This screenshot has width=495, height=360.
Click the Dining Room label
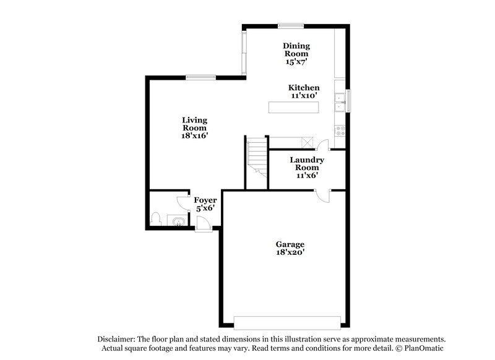pos(296,53)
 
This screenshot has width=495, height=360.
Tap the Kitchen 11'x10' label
pos(304,92)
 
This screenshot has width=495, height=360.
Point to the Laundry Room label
pos(307,167)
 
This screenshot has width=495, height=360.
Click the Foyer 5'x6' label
pos(205,204)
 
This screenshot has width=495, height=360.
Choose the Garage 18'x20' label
pos(290,248)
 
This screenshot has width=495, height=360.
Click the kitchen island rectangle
pos(294,108)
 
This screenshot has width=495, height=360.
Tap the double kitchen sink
pos(340,102)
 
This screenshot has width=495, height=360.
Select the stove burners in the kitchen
pos(340,131)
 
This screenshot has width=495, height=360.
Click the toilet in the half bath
pos(156,220)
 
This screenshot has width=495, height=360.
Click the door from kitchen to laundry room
pos(322,145)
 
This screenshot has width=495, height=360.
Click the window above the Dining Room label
pos(290,25)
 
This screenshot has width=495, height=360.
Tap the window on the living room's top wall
pos(200,77)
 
